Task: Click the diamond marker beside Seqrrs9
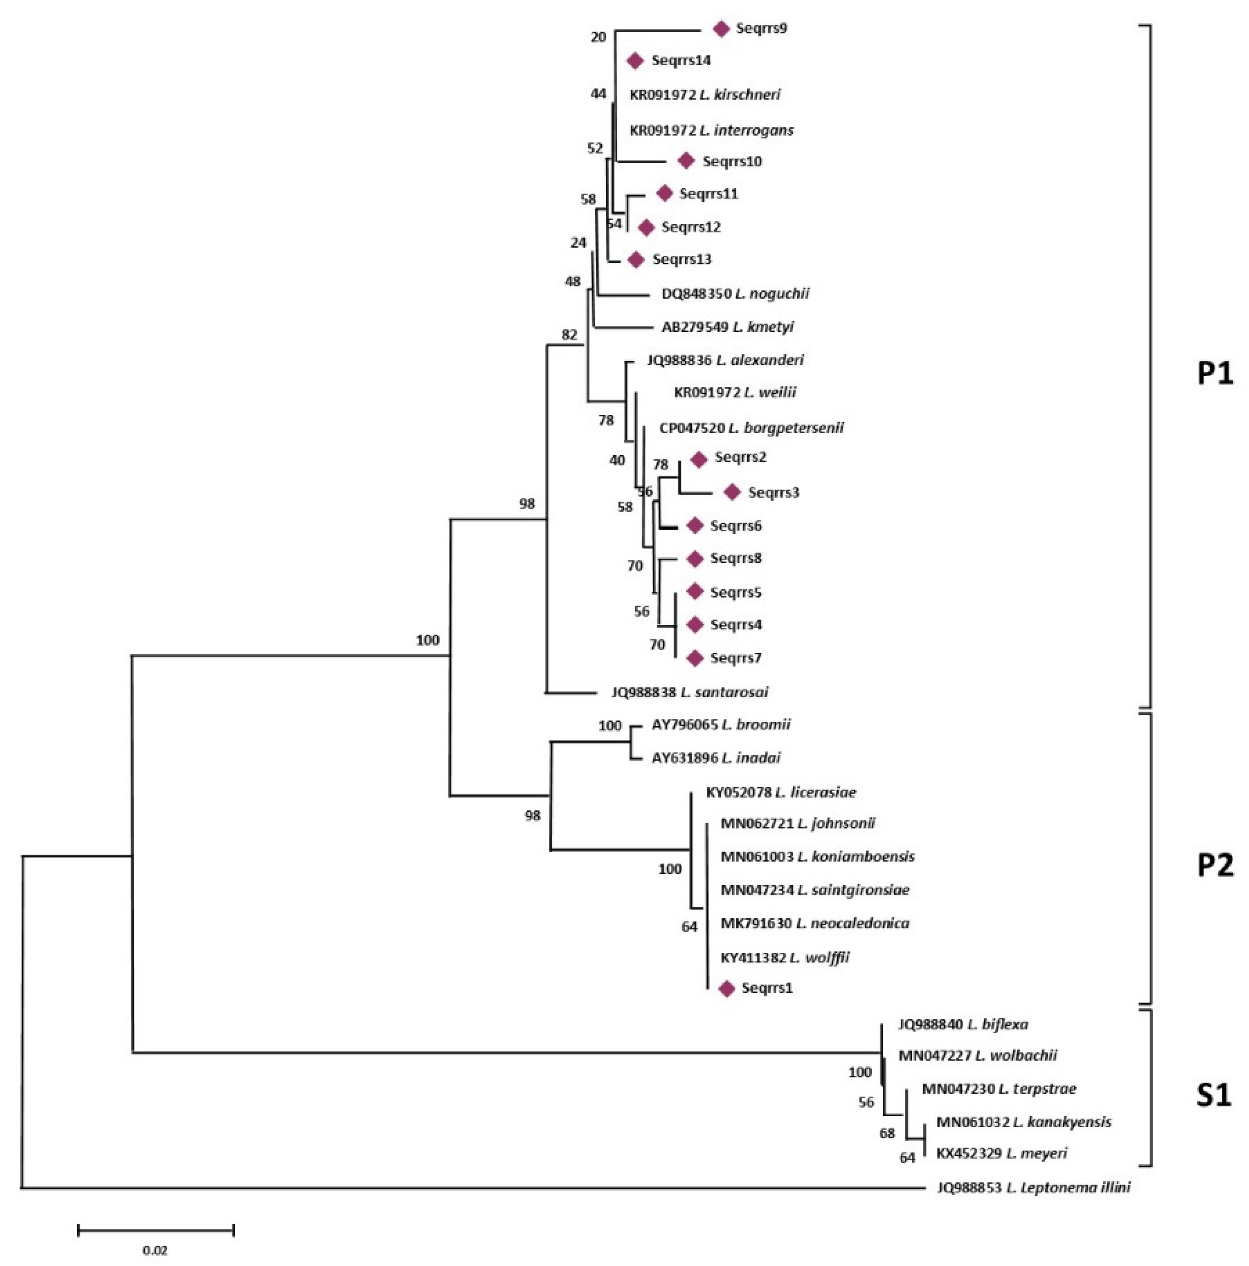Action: [721, 29]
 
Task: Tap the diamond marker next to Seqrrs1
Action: [726, 989]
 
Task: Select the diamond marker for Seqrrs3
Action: [732, 492]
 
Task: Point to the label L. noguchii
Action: [772, 293]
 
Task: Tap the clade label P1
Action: [1214, 374]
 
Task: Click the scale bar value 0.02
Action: [156, 1250]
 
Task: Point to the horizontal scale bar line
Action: [156, 1230]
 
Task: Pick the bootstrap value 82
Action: [569, 335]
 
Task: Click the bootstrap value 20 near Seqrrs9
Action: [598, 37]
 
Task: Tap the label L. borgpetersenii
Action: [786, 428]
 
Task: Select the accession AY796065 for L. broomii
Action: [684, 725]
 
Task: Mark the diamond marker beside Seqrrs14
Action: [635, 61]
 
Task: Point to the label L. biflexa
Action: [997, 1024]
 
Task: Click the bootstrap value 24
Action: [578, 243]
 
